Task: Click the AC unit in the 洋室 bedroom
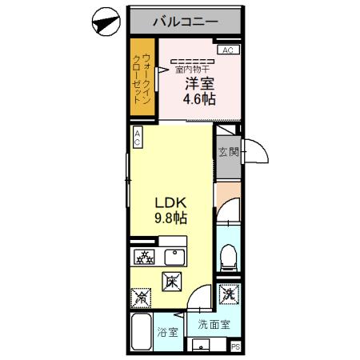tap(227, 50)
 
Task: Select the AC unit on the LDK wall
tap(138, 137)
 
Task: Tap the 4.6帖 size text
tap(198, 100)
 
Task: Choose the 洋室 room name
tap(199, 83)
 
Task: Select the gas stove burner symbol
tap(145, 258)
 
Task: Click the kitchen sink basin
tap(174, 258)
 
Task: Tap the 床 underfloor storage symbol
tap(172, 281)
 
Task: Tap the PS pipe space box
tap(235, 346)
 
